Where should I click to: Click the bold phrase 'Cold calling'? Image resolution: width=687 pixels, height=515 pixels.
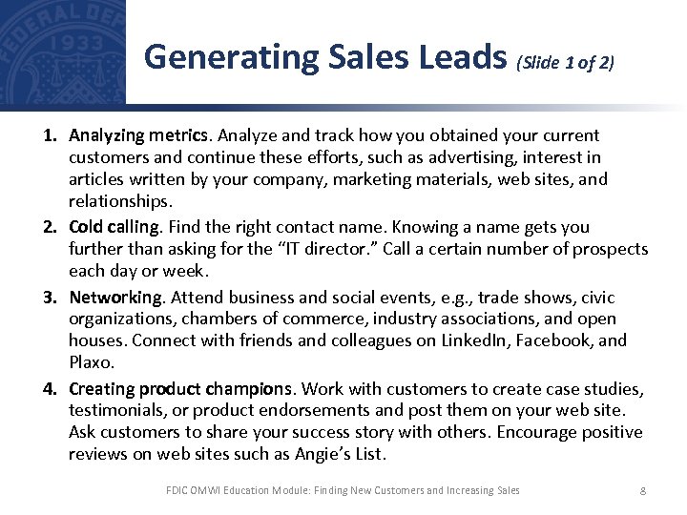click(x=114, y=227)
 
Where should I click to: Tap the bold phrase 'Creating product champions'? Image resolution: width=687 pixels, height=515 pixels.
click(x=180, y=388)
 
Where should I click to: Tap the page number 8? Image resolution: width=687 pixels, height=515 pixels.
click(x=643, y=490)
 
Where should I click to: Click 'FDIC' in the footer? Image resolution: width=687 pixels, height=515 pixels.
click(x=177, y=490)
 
